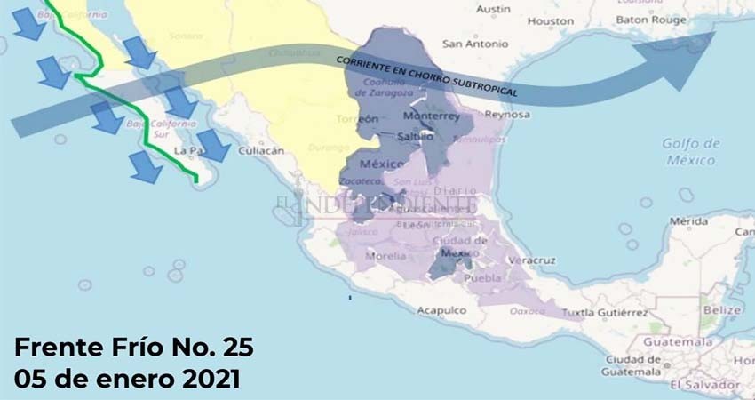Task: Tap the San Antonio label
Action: pyautogui.click(x=475, y=43)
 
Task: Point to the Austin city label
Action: pyautogui.click(x=493, y=9)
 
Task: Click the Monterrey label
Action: pyautogui.click(x=431, y=116)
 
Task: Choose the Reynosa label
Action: pyautogui.click(x=507, y=115)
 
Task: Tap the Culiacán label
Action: pyautogui.click(x=261, y=151)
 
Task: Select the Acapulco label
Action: pyautogui.click(x=442, y=310)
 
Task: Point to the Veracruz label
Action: pyautogui.click(x=532, y=260)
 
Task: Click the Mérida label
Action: pyautogui.click(x=689, y=220)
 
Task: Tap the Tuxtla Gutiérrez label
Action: pyautogui.click(x=609, y=313)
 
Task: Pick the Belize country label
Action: pyautogui.click(x=720, y=310)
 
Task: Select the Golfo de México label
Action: pyautogui.click(x=688, y=151)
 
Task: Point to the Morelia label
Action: pyautogui.click(x=384, y=256)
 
